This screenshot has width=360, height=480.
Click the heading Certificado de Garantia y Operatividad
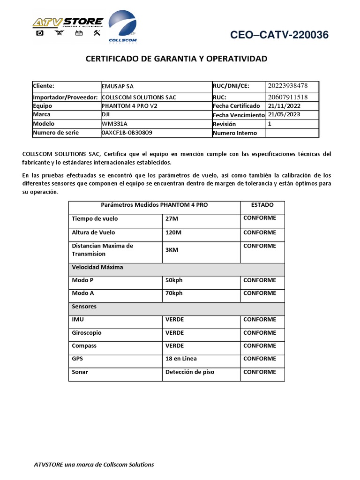click(x=176, y=59)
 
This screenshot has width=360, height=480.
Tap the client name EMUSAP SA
click(x=118, y=87)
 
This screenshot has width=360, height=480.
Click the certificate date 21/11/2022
click(x=284, y=106)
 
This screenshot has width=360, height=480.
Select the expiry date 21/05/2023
click(x=284, y=114)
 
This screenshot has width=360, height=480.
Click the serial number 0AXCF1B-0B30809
click(x=127, y=133)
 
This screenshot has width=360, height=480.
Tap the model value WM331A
click(x=114, y=124)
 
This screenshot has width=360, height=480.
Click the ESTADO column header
click(x=262, y=205)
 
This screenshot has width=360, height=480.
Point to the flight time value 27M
click(x=172, y=219)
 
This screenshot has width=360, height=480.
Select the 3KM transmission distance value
click(x=172, y=250)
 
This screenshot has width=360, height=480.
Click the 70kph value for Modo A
click(x=174, y=293)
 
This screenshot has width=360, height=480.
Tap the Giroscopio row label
click(x=86, y=333)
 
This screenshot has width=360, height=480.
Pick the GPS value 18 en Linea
click(x=181, y=359)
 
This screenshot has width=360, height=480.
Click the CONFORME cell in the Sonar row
click(x=260, y=372)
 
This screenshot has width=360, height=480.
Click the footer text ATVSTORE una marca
click(x=94, y=465)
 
